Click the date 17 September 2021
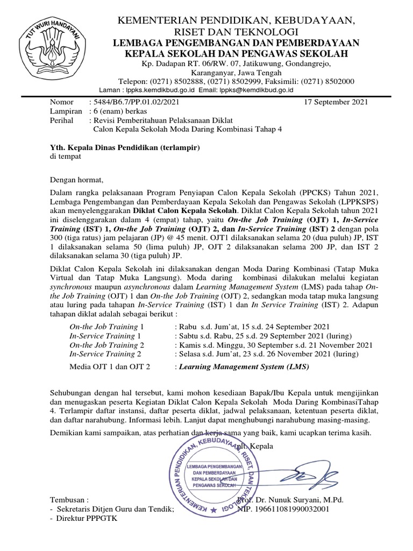tap(336, 101)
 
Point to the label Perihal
tap(62, 120)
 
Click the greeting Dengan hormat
tap(75, 180)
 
